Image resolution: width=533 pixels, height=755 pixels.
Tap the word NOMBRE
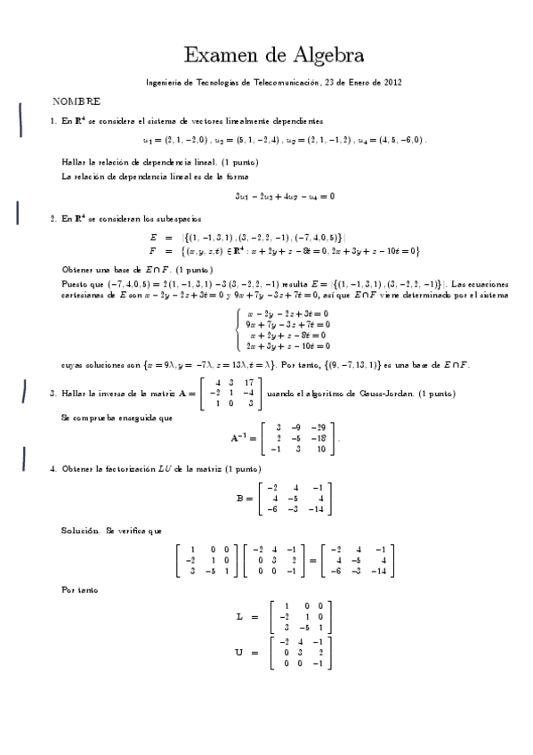(x=77, y=102)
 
